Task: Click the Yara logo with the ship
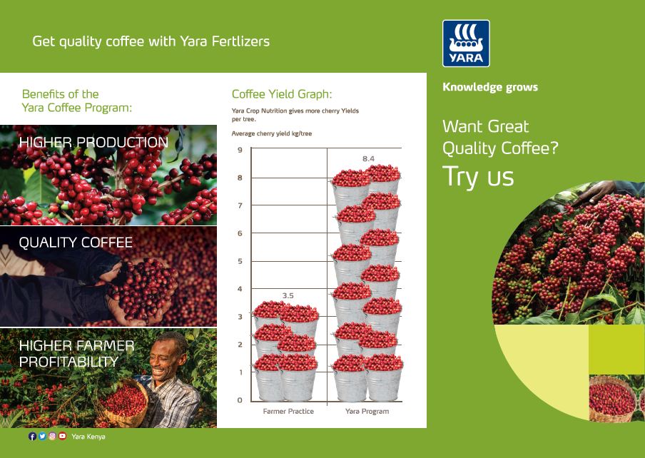(x=466, y=44)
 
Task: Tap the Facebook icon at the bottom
(x=33, y=436)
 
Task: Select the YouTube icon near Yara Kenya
(x=62, y=436)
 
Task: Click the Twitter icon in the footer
(x=42, y=436)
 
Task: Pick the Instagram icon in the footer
(x=52, y=436)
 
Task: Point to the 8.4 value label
(x=368, y=158)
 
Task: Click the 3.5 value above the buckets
(x=288, y=295)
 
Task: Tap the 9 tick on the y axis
(x=240, y=150)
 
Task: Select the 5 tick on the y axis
(x=240, y=261)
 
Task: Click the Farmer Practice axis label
(x=288, y=411)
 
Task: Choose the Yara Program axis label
(x=367, y=411)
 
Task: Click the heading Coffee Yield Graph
(x=282, y=94)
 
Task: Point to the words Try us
(x=478, y=177)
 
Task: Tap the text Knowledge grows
(x=490, y=87)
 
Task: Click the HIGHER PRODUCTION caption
(x=93, y=142)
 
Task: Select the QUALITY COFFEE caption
(x=76, y=243)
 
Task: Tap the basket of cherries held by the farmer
(x=122, y=403)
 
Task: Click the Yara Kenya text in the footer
(x=88, y=437)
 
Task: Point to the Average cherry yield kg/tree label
(x=272, y=133)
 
